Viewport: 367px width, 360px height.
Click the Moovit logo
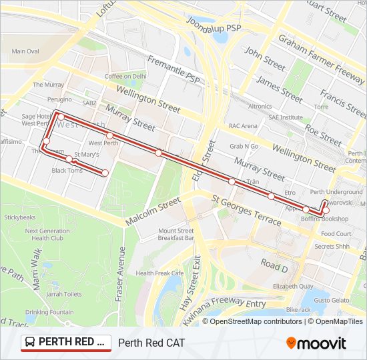click(316, 343)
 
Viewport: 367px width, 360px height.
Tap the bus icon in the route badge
click(30, 343)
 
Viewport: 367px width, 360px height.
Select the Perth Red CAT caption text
click(151, 343)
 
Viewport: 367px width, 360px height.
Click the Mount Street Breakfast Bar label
click(176, 234)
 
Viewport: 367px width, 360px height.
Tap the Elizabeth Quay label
click(293, 286)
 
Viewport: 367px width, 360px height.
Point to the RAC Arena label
click(243, 125)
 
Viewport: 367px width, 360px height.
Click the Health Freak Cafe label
click(159, 273)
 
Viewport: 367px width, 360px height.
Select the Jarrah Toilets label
click(64, 294)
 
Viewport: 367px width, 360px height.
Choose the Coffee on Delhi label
click(125, 76)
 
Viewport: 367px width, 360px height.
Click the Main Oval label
click(25, 51)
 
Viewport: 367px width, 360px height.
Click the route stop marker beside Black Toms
click(69, 159)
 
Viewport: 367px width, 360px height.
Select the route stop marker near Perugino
click(61, 117)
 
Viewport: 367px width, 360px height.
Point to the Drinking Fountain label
click(49, 312)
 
